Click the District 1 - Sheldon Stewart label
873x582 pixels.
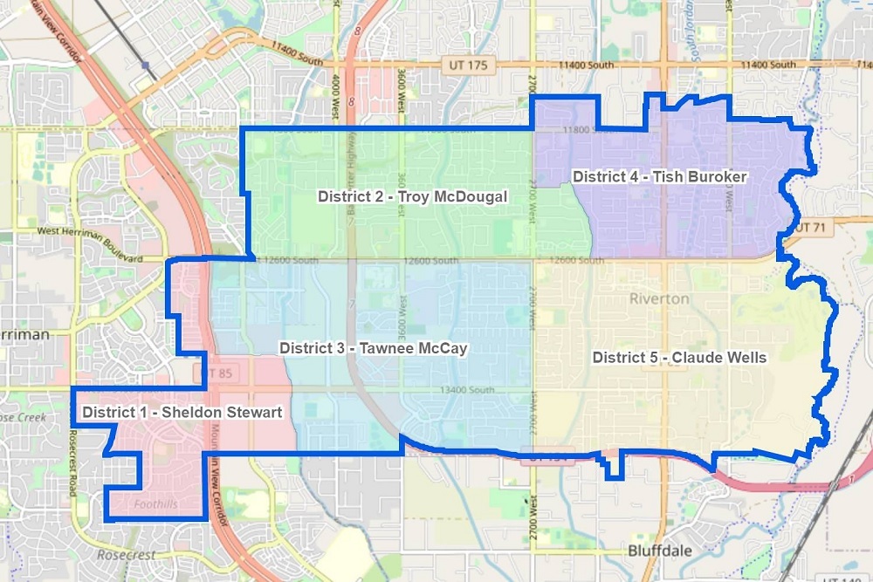click(182, 412)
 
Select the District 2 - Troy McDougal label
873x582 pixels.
click(412, 196)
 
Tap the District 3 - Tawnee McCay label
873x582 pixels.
click(374, 348)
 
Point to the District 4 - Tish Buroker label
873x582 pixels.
click(659, 176)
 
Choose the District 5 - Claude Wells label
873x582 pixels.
click(679, 357)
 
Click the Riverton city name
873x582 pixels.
click(659, 298)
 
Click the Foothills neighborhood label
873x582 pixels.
click(156, 503)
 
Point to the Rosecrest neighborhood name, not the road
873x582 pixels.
click(127, 555)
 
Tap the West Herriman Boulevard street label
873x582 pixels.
click(90, 245)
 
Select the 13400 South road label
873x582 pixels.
click(468, 390)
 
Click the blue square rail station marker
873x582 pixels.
click(144, 65)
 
